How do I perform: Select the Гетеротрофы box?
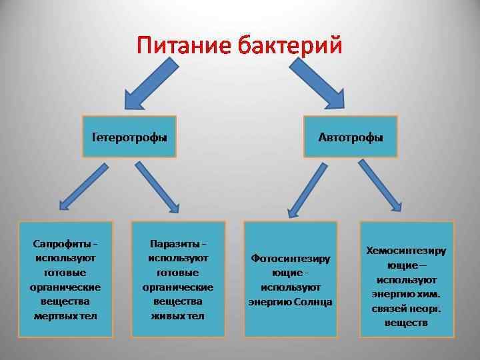tap(129, 137)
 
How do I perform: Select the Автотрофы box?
tap(351, 137)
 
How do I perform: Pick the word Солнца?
tap(315, 302)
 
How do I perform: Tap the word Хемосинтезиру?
tap(406, 251)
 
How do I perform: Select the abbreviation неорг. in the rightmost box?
tap(426, 309)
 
